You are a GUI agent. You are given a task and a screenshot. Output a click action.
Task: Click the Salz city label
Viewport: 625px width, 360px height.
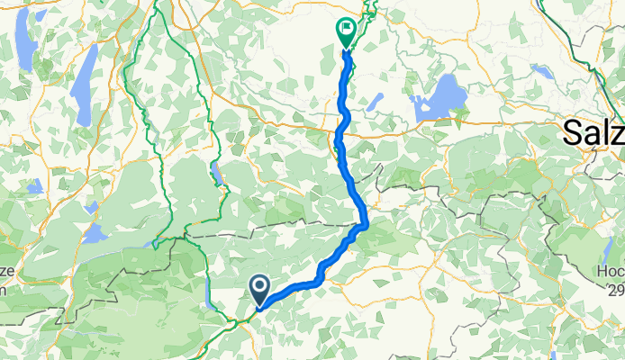pyautogui.click(x=593, y=132)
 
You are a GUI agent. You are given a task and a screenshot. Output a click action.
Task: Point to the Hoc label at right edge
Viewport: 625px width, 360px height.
pyautogui.click(x=610, y=270)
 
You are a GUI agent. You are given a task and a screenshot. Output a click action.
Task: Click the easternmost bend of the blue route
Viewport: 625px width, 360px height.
pyautogui.click(x=367, y=222)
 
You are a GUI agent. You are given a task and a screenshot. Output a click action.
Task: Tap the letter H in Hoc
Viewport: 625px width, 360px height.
pyautogui.click(x=601, y=270)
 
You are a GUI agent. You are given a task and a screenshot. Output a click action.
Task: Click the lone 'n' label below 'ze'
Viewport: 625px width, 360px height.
pyautogui.click(x=4, y=290)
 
